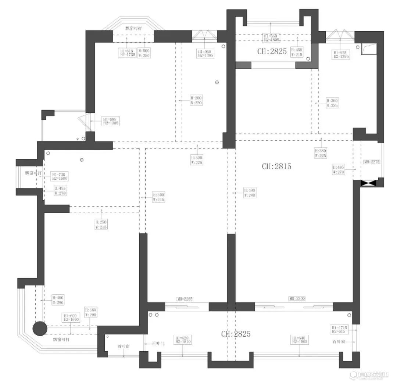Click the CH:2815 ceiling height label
[x=276, y=166]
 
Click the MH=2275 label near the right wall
[x=372, y=162]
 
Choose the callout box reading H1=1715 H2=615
[x=339, y=329]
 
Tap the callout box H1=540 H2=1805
[x=299, y=340]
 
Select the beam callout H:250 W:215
[x=101, y=225]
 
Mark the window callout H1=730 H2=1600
[x=60, y=176]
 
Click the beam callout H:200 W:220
[x=196, y=101]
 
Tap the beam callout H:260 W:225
[x=332, y=103]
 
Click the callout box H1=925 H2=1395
[x=341, y=55]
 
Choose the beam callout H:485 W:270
[x=338, y=169]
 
